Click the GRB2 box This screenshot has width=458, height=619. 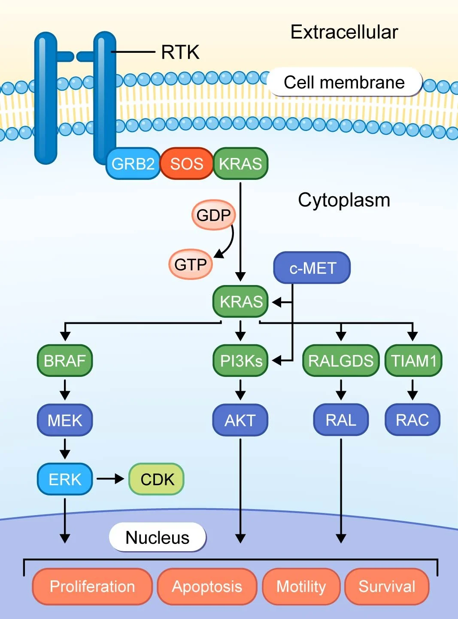coord(133,164)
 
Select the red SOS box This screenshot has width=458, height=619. coord(187,164)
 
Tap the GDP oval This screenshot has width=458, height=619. coord(214,215)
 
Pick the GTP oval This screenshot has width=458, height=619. coord(191,264)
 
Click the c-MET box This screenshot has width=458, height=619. coord(312,268)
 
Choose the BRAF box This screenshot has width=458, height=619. coord(65,361)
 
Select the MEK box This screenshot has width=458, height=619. coord(65,420)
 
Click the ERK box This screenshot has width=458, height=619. coord(65,479)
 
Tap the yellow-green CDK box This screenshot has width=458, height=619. coord(157,479)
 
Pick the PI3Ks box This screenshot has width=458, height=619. coord(240,361)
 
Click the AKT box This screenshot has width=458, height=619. coord(240,420)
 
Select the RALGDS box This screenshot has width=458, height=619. coord(341,361)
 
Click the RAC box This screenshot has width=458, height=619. coord(413,420)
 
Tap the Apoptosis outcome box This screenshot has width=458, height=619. coord(207,586)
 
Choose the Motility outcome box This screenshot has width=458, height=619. coord(301,586)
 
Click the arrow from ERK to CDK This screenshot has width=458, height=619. coord(110,479)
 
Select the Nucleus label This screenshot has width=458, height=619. coord(158,537)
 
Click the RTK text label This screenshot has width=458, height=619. coord(180,52)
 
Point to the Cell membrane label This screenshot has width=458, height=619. coord(344,82)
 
